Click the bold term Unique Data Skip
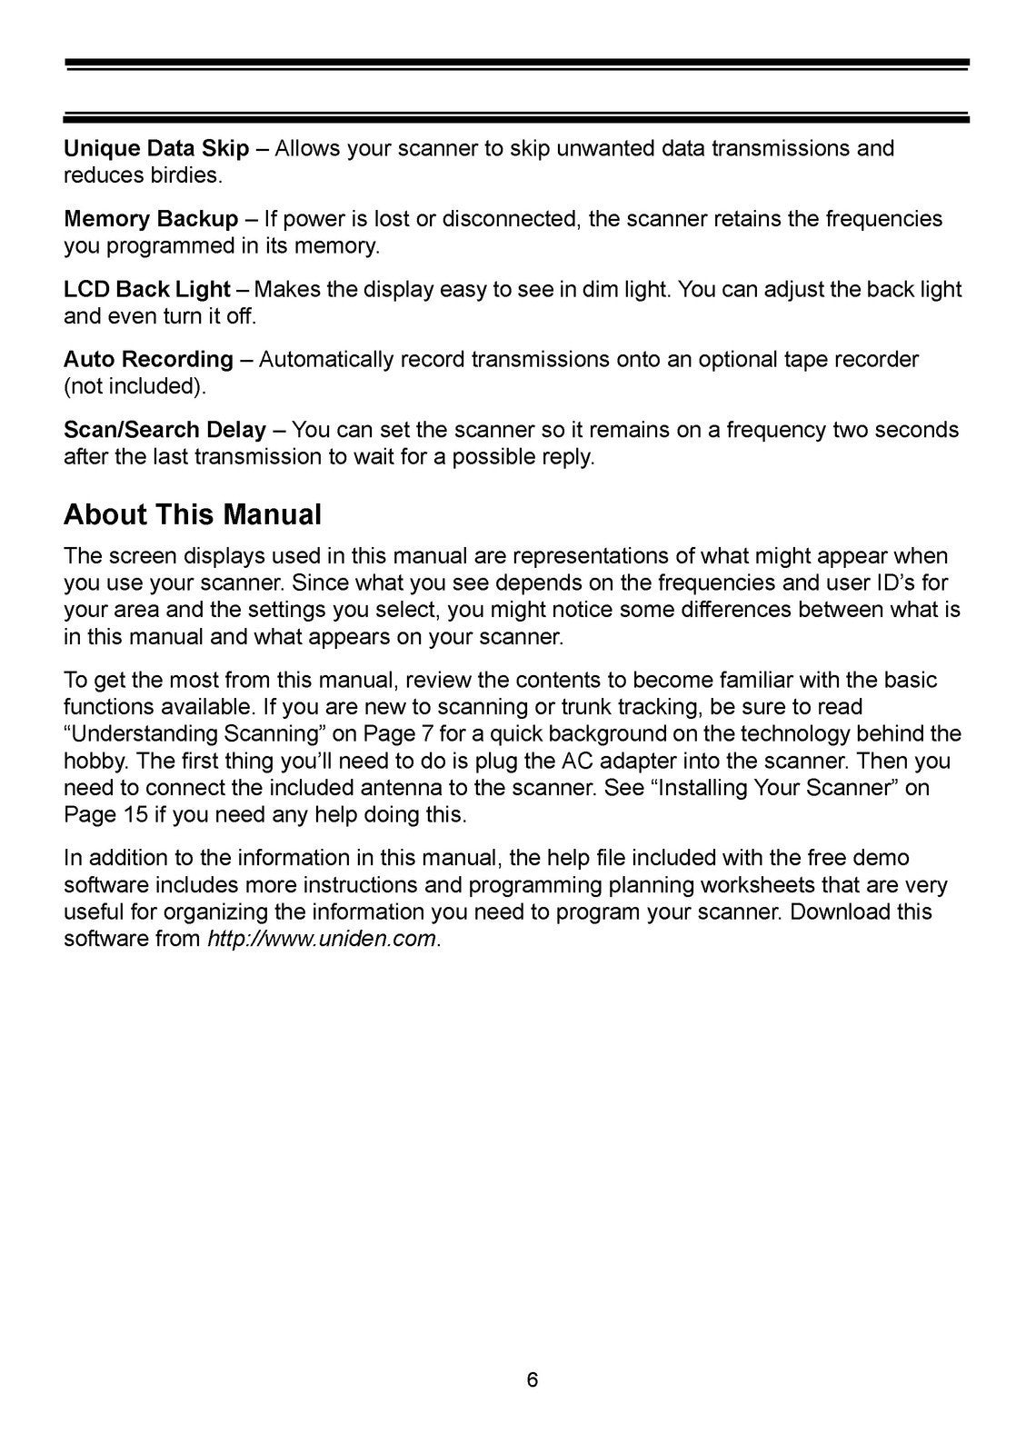click(x=156, y=148)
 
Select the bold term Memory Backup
click(x=151, y=219)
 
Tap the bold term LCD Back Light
click(x=146, y=290)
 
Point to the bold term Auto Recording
click(x=148, y=360)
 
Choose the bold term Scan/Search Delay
click(x=164, y=430)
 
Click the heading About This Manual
click(x=193, y=515)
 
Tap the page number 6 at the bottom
click(x=533, y=1379)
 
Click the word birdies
click(x=184, y=175)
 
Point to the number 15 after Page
click(x=132, y=814)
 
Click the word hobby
click(x=92, y=761)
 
